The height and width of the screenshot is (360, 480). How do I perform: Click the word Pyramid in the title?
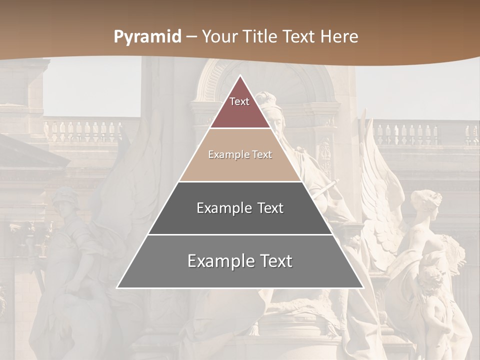coord(147,37)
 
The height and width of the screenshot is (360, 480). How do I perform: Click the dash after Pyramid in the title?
coord(192,37)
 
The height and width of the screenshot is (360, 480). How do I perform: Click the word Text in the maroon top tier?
coord(239,101)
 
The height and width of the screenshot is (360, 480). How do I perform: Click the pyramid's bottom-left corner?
coord(117,287)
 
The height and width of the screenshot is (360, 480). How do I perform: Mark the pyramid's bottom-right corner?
coord(363,287)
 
